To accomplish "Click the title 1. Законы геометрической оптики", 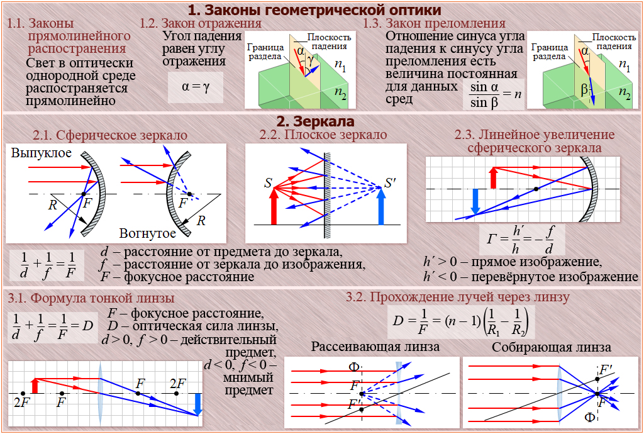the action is pos(314,10).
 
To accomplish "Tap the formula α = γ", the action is pos(196,87).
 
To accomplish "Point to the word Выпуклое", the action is pos(42,153).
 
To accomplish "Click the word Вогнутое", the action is pos(148,233).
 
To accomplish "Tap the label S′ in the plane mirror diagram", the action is pos(391,184).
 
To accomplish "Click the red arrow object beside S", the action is pos(274,207).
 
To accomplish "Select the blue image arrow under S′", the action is pos(381,207).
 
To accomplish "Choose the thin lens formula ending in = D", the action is pos(53,326).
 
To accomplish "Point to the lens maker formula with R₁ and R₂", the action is pos(461,322).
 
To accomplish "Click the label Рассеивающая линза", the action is pos(375,347).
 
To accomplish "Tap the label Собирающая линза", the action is pos(552,347).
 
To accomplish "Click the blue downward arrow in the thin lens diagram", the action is pos(197,404).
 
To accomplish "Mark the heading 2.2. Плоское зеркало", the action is pos(323,135).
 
